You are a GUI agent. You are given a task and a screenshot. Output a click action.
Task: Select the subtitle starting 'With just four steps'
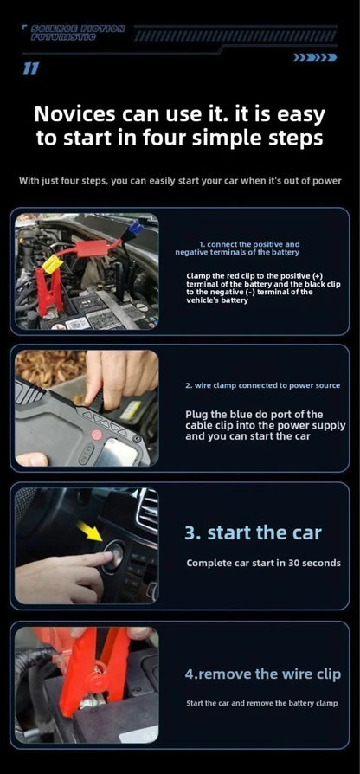pyautogui.click(x=180, y=181)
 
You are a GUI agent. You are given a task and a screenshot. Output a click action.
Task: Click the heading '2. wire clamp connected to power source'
pyautogui.click(x=262, y=385)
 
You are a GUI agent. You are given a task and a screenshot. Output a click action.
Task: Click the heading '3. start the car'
pyautogui.click(x=252, y=532)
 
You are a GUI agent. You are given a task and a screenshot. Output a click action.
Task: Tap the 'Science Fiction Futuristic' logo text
pyautogui.click(x=78, y=33)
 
